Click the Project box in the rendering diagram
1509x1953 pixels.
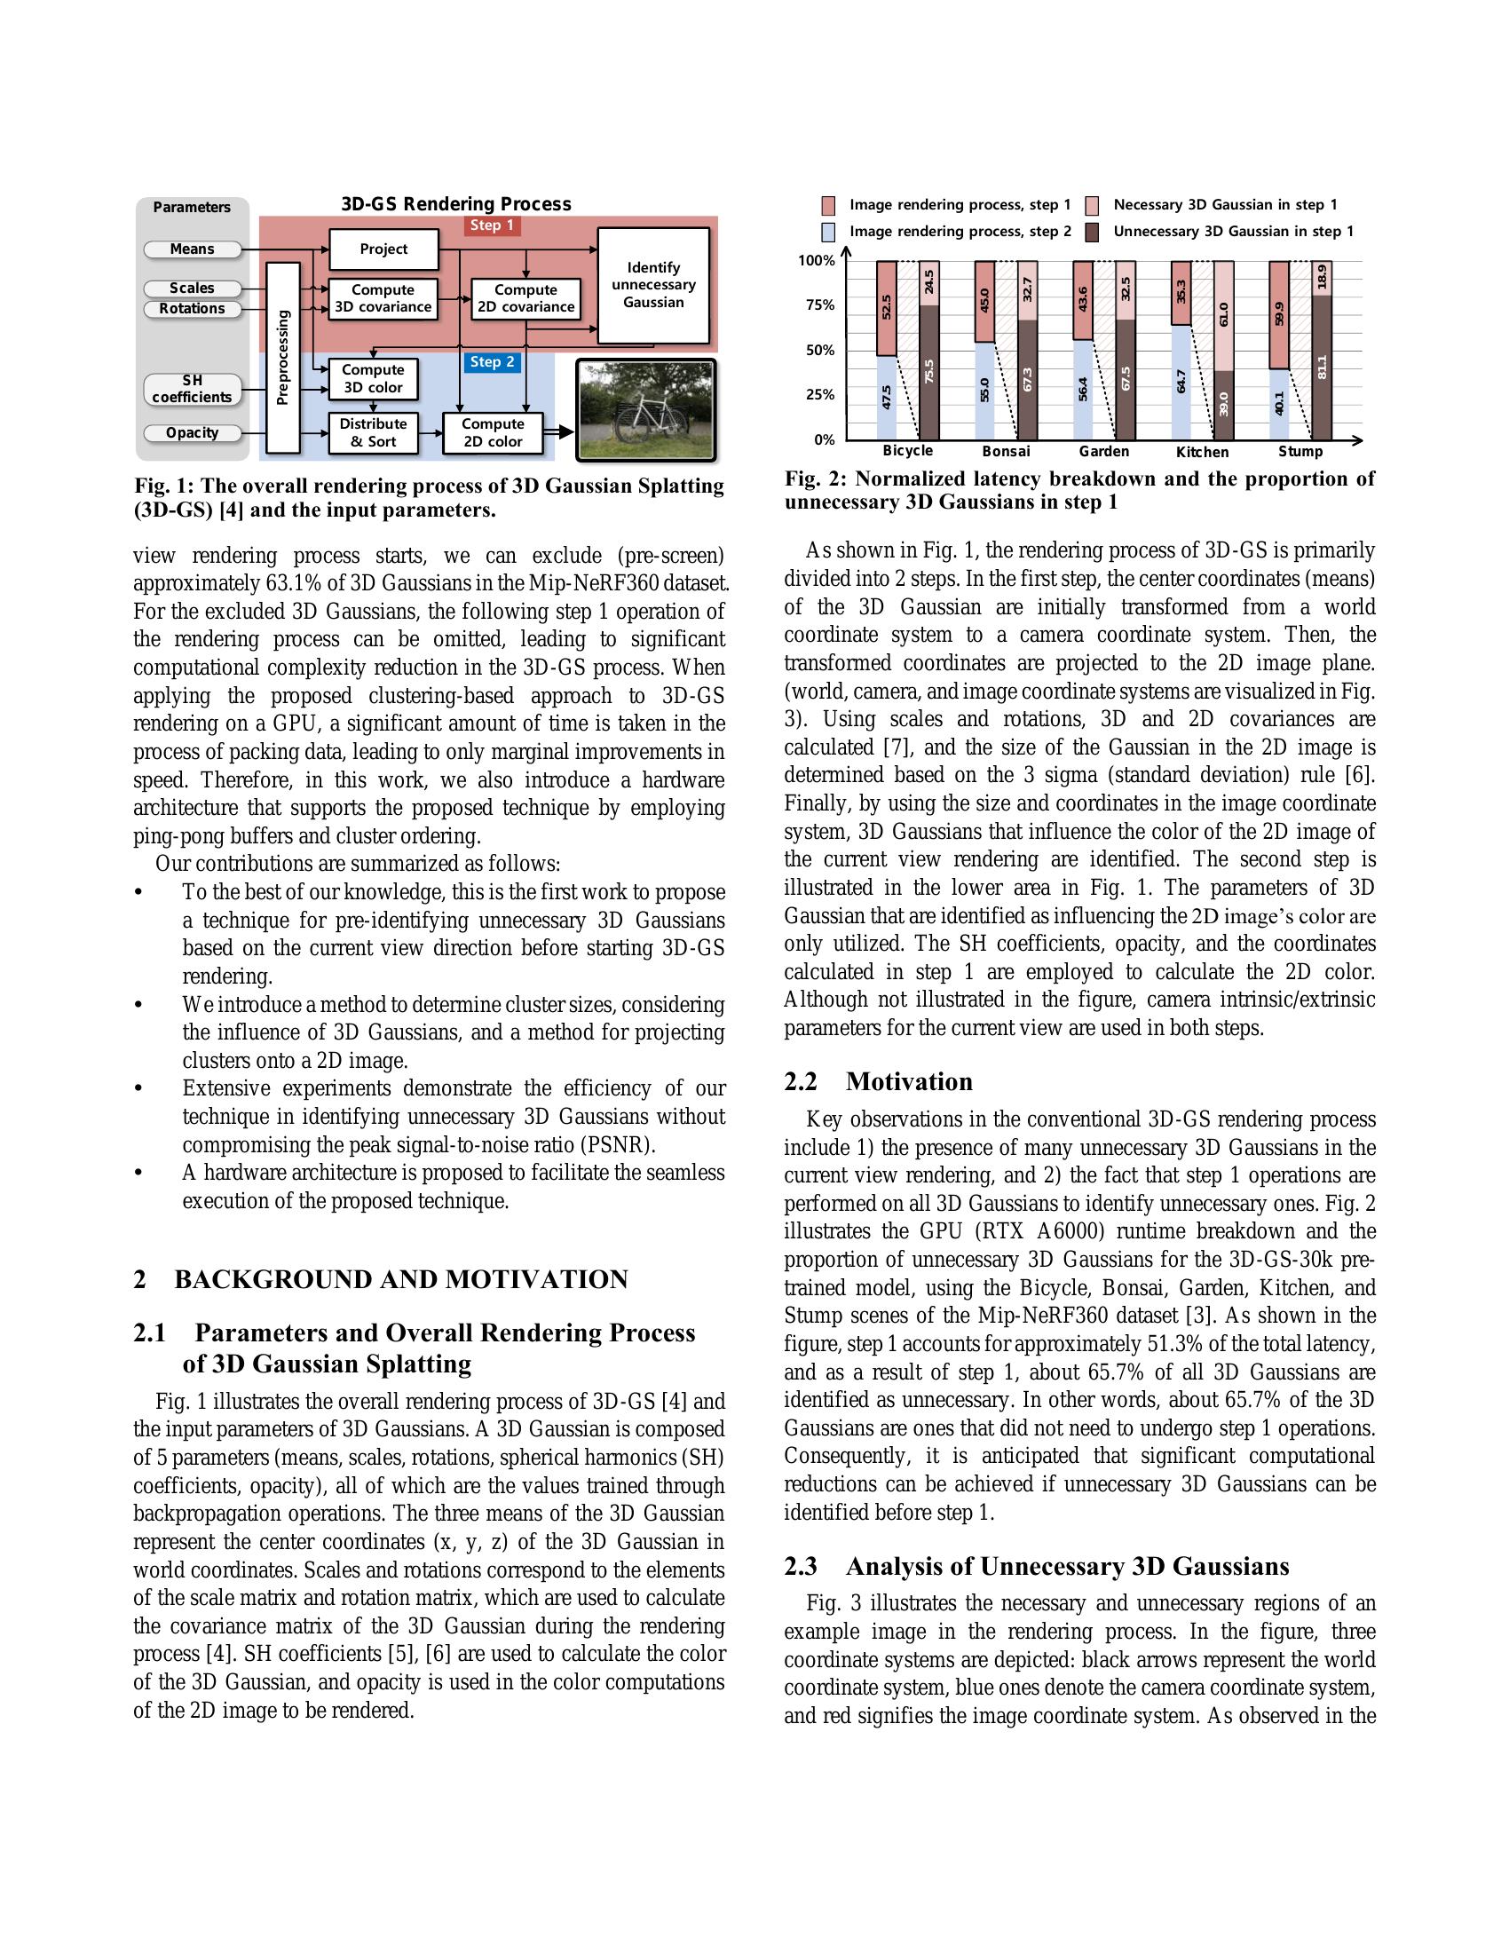tap(383, 249)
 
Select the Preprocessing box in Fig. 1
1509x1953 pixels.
tap(283, 358)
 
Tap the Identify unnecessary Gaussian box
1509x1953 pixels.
tap(653, 285)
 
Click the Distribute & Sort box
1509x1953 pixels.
tap(373, 433)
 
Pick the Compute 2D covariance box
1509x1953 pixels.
tap(525, 298)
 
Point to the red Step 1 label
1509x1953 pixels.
tap(492, 225)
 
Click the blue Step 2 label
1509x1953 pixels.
tap(492, 362)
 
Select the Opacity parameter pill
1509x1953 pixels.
tap(193, 433)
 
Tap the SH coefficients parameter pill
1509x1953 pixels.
tap(193, 389)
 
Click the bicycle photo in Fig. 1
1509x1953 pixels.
tap(646, 410)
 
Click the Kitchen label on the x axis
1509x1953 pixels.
tap(1203, 453)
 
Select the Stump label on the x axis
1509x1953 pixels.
tap(1300, 453)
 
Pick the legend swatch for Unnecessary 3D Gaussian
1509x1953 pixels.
tap(1092, 233)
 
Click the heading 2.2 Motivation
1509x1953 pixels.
tap(878, 1082)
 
